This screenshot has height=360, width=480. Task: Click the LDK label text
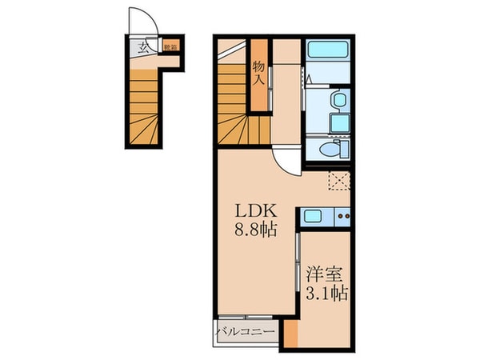pyautogui.click(x=255, y=211)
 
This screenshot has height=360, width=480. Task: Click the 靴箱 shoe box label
pyautogui.click(x=170, y=47)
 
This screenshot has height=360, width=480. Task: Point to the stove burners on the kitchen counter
pyautogui.click(x=342, y=215)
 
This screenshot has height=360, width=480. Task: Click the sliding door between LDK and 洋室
pyautogui.click(x=298, y=264)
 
